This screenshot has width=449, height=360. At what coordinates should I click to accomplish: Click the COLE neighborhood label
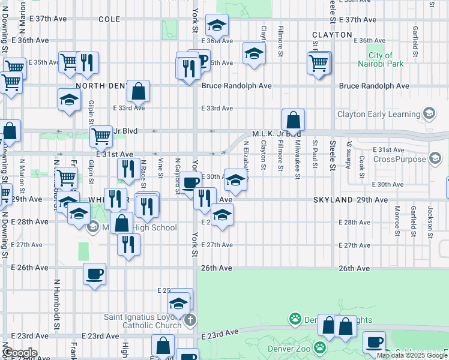tap(109, 19)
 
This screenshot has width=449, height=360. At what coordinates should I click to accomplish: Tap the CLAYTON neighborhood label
tap(332, 35)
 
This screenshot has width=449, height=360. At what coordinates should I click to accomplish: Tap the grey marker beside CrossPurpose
tap(435, 160)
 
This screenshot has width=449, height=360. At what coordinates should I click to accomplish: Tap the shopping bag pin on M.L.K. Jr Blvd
tap(292, 120)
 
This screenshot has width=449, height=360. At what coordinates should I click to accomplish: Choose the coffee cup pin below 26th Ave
tap(94, 274)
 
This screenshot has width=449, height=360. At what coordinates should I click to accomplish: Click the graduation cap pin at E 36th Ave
tap(217, 25)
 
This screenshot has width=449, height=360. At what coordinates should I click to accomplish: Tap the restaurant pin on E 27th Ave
tap(128, 245)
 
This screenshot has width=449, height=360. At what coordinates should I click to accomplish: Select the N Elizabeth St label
tap(246, 160)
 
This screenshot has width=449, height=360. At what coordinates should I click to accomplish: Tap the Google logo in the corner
tap(20, 353)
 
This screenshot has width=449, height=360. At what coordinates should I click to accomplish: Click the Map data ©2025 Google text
tap(412, 355)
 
